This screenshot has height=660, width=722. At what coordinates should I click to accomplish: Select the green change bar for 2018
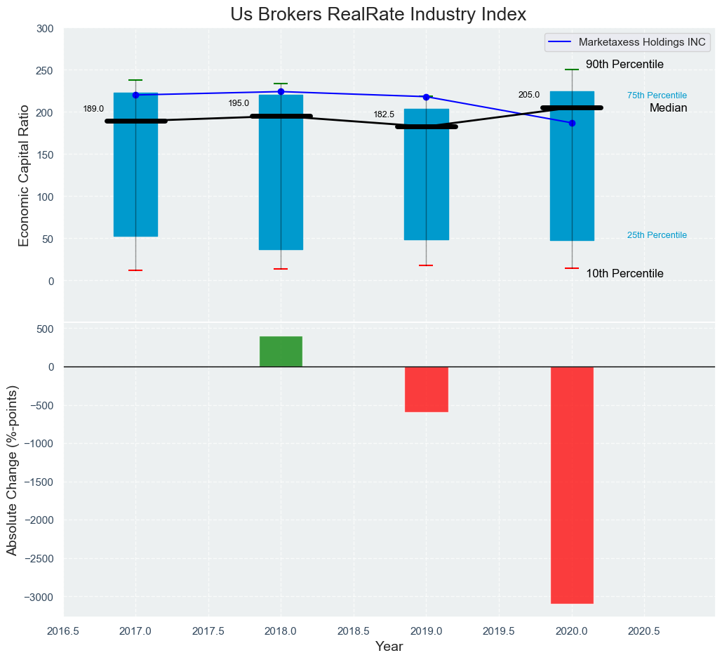point(281,351)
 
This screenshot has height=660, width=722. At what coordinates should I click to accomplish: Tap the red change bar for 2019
point(426,389)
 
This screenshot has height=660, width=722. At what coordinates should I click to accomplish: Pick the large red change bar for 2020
point(572,484)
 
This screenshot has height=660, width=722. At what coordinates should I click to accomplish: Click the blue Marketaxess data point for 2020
point(572,123)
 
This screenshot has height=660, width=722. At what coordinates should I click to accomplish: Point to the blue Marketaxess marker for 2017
point(135,95)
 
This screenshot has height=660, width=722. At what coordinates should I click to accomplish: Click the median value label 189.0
point(93,109)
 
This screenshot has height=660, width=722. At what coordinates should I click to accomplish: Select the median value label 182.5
point(384,114)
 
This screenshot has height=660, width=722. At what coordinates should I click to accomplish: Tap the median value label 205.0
point(529,95)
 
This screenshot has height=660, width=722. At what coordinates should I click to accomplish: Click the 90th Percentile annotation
point(624,65)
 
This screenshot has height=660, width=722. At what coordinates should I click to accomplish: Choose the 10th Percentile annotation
point(624,274)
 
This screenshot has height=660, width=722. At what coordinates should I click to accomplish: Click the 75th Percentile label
point(657,95)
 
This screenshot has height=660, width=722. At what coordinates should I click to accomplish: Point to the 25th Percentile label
point(657,235)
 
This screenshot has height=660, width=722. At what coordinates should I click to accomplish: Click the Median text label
point(668,108)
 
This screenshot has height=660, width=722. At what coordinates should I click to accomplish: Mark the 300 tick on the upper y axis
point(44,29)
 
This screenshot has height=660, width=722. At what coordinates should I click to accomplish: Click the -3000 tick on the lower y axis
point(39,597)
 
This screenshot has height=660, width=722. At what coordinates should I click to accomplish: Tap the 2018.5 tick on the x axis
point(354,631)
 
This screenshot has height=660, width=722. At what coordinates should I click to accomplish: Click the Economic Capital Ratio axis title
point(24,175)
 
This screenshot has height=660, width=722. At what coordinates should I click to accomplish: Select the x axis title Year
point(389,647)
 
